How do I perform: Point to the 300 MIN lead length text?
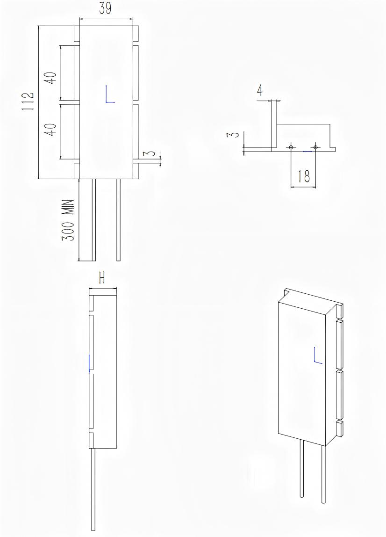click(69, 220)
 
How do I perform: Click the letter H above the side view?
click(102, 278)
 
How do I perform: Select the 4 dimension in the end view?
click(261, 91)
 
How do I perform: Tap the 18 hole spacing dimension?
click(303, 176)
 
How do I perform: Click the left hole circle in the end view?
click(291, 147)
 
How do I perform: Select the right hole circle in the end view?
click(315, 147)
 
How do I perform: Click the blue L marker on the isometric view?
click(318, 356)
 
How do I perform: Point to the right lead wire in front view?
click(118, 220)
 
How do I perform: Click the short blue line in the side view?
click(89, 363)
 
